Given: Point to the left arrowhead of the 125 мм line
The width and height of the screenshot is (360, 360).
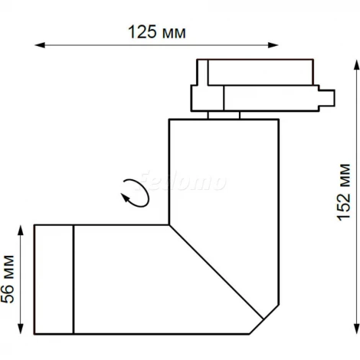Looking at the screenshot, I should (x=39, y=47).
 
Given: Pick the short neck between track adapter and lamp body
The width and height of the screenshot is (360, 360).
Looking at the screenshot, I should (x=223, y=115).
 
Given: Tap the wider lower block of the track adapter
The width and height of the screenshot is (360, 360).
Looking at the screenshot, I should (x=257, y=97).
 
